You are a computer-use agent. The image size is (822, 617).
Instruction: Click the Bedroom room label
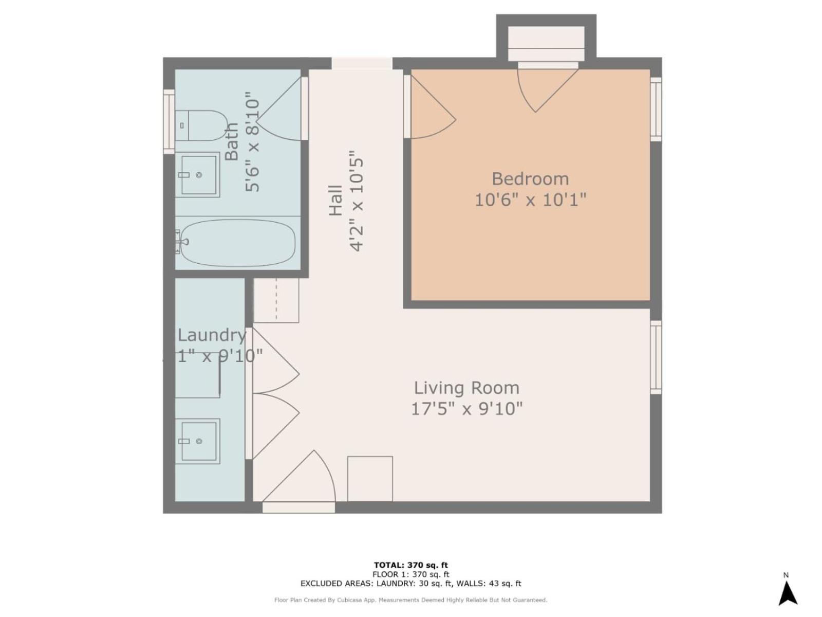coord(530,179)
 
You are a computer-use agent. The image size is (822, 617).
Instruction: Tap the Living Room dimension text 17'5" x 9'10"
coord(466,409)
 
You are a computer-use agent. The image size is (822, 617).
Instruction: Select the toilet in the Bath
coord(201,125)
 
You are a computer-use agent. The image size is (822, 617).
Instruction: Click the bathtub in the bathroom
coord(236,243)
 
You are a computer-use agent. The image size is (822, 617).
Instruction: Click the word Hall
coord(335,200)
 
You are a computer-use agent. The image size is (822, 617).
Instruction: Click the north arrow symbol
coord(787,592)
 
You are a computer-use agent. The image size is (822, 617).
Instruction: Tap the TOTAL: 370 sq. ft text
coord(411,565)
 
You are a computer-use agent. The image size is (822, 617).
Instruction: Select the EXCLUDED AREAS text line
coord(411,584)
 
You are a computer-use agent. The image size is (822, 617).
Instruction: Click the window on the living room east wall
coord(656,357)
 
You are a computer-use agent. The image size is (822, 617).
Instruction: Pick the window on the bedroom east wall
coord(656,109)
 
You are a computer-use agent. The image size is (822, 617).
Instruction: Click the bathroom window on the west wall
coord(169,121)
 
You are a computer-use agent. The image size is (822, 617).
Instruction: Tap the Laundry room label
coord(212,335)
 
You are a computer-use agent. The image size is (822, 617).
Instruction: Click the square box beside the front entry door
coord(370,479)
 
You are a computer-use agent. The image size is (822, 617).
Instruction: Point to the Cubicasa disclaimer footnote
coord(411,600)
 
